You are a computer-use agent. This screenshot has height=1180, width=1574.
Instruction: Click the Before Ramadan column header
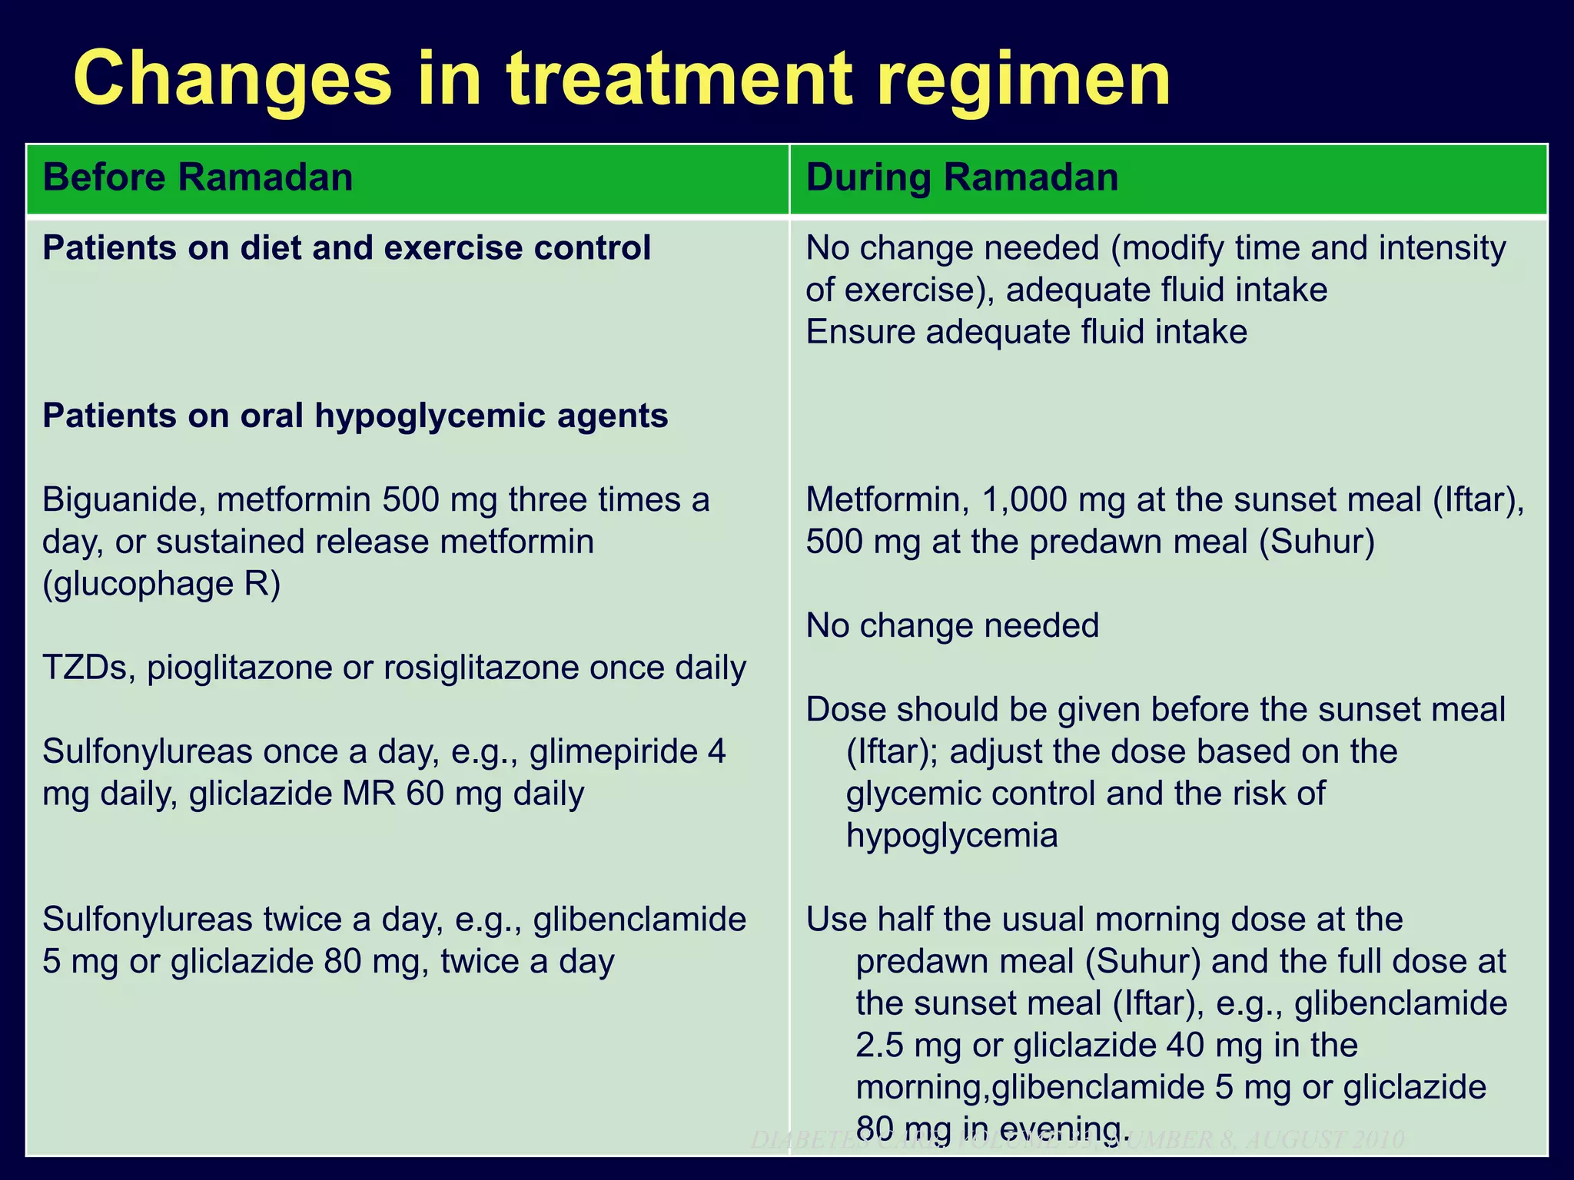(x=198, y=177)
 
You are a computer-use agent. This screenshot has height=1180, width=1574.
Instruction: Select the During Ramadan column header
(x=961, y=177)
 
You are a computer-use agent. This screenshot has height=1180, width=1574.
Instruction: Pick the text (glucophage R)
(x=161, y=584)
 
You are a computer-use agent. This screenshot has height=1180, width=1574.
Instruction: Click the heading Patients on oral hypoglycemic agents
(x=355, y=416)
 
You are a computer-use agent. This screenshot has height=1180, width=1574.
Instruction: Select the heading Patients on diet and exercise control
(x=347, y=248)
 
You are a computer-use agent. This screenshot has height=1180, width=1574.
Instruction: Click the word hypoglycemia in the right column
(x=951, y=835)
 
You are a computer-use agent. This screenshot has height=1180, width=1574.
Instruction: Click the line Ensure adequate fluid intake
(x=1026, y=333)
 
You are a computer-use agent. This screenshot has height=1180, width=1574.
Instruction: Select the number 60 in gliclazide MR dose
(x=425, y=794)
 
